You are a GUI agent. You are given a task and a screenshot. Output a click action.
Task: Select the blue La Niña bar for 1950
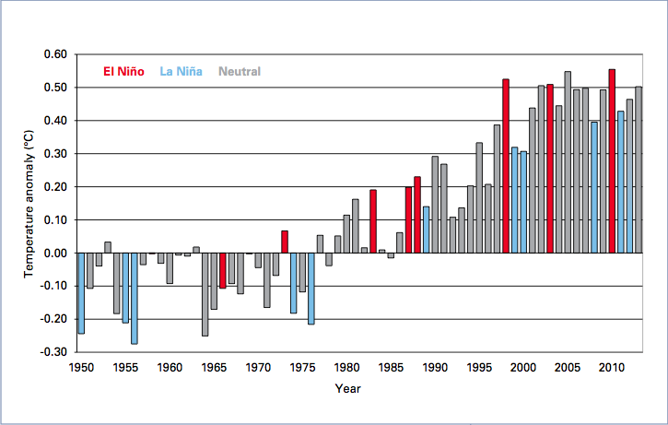click(x=81, y=293)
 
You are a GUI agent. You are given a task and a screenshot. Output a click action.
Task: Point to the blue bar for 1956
click(x=134, y=298)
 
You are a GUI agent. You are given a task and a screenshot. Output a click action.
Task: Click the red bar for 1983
click(x=373, y=221)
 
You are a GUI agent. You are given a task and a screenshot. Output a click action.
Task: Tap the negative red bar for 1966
click(x=223, y=270)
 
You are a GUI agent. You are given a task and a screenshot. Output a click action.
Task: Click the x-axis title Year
click(x=347, y=389)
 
